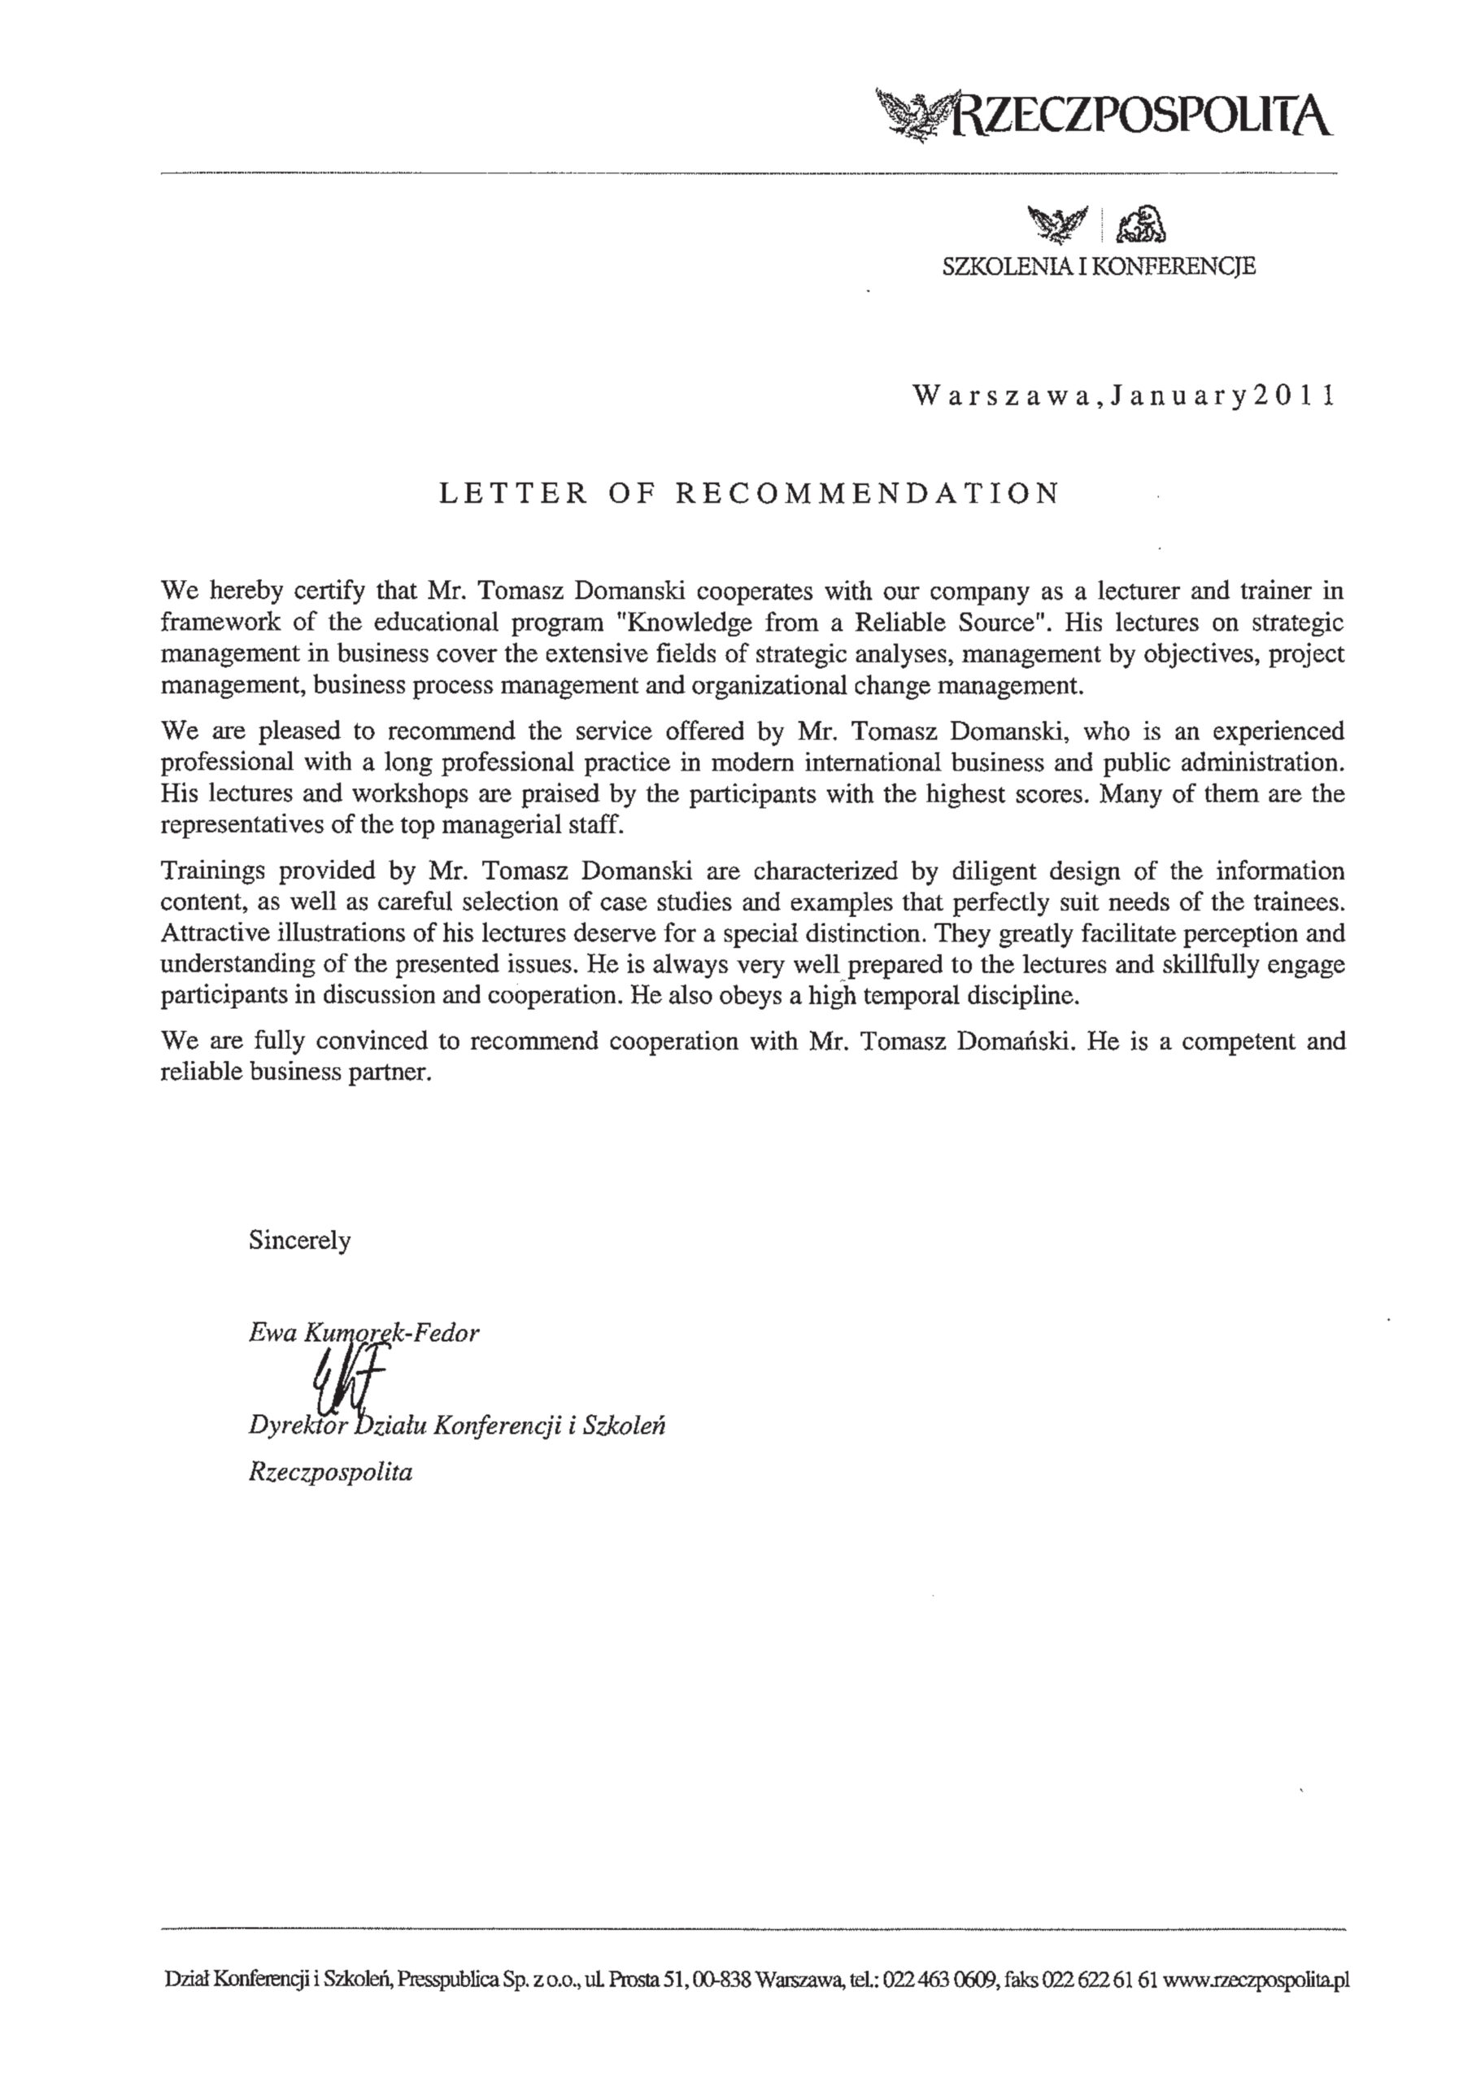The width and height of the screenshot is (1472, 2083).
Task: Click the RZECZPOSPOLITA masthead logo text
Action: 1139,116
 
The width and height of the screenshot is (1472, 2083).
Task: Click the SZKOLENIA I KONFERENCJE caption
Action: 1100,267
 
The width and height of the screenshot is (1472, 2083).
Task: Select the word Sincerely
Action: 299,1240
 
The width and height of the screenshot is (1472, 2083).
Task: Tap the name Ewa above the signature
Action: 272,1333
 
